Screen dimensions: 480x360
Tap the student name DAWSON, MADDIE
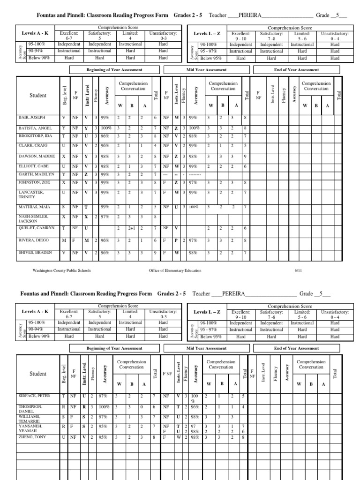(x=33, y=156)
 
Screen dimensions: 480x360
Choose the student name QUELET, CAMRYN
(x=33, y=227)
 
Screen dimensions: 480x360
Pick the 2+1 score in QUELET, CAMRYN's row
(x=132, y=228)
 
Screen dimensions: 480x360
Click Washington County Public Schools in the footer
(x=62, y=271)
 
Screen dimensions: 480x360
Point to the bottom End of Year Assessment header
(x=296, y=349)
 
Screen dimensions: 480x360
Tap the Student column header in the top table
(x=38, y=96)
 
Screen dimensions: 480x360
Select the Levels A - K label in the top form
(x=35, y=34)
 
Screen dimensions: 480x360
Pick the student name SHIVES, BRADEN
(x=31, y=253)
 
